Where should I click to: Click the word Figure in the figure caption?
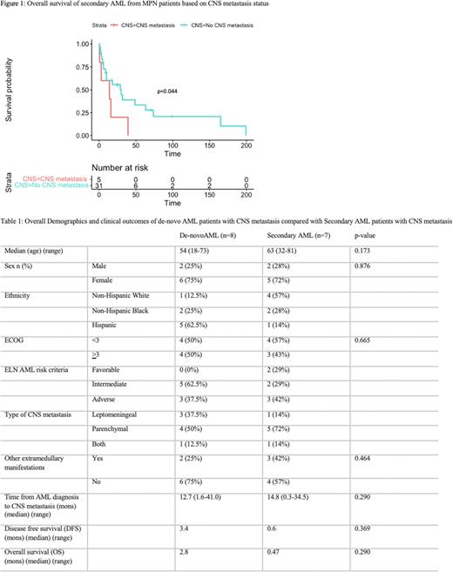(x=13, y=6)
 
